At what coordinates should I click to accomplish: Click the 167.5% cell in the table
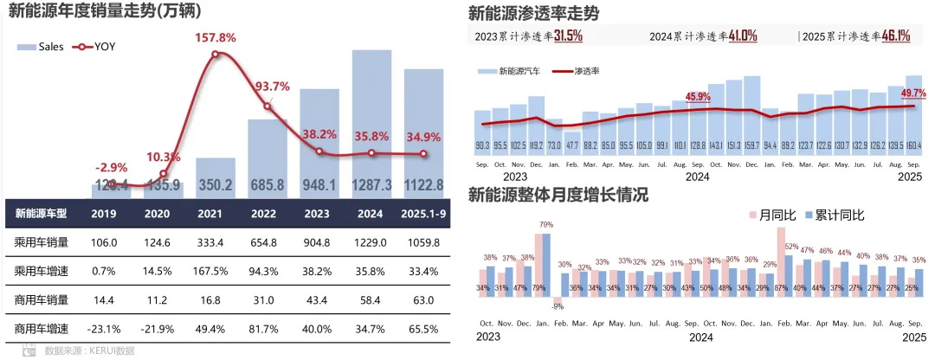tap(216, 272)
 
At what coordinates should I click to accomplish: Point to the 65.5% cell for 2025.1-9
tap(423, 329)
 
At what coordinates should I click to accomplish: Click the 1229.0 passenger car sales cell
tap(371, 243)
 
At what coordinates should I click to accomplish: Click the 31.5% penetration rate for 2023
tap(568, 36)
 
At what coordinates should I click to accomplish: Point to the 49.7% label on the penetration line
tap(913, 93)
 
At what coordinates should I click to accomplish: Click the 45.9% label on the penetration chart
tap(697, 96)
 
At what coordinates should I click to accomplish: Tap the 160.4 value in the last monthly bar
tap(913, 145)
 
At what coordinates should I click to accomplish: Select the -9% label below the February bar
tap(558, 305)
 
